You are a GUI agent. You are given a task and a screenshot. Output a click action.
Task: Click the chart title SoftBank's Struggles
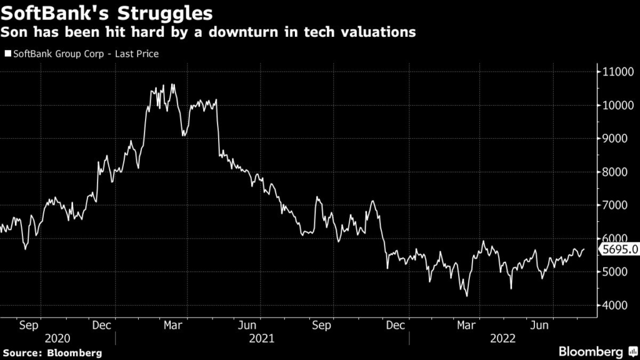[x=106, y=12]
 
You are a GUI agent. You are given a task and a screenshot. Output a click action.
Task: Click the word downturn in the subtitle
[x=272, y=32]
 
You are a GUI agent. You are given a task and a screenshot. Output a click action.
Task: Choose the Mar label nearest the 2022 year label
[x=464, y=325]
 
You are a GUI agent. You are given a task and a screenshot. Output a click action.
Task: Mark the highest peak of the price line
[x=172, y=84]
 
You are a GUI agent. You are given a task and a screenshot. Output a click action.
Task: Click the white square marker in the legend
[x=7, y=54]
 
